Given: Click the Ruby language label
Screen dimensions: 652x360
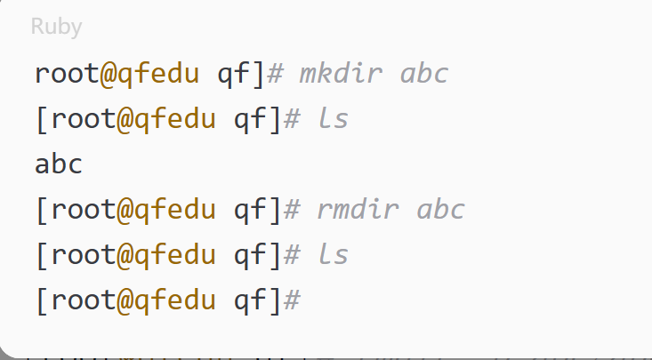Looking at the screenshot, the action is (56, 27).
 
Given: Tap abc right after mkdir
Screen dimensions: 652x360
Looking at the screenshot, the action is (424, 73).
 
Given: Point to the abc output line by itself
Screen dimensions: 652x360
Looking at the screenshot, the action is (59, 164).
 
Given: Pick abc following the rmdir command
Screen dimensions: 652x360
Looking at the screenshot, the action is (440, 210).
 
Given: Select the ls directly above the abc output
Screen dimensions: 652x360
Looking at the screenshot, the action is (333, 118).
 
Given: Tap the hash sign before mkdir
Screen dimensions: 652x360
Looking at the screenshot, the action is (276, 73).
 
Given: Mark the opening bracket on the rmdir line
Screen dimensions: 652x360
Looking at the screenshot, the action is (42, 210).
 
